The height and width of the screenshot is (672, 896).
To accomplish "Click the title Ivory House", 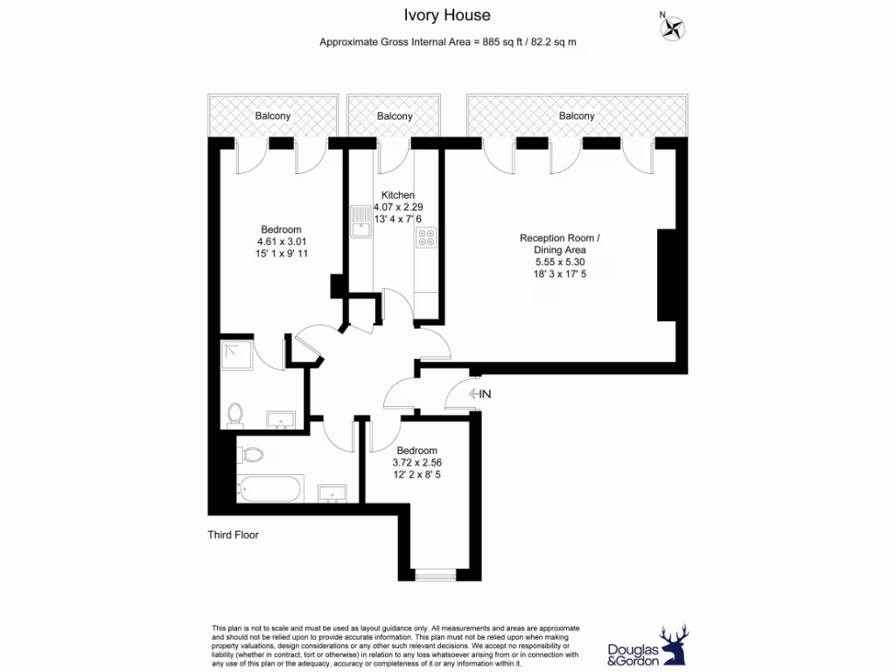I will click(447, 15).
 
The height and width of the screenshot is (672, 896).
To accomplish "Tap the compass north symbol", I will click(673, 29).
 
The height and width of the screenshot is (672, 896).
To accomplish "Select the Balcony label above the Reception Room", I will click(577, 115).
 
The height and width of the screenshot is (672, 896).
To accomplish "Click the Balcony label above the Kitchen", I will click(395, 116).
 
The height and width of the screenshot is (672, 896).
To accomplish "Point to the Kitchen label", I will click(397, 195).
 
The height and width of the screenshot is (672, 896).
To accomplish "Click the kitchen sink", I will click(360, 221).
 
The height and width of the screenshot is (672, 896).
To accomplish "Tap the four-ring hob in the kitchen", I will click(427, 237).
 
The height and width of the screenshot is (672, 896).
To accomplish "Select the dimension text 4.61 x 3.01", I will click(281, 241).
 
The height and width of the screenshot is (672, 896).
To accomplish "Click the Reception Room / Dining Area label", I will click(560, 243).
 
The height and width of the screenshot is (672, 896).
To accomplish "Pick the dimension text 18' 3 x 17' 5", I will click(560, 273).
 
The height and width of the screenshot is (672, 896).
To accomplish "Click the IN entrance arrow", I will click(480, 394).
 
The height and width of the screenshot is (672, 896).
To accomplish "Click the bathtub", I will click(270, 488).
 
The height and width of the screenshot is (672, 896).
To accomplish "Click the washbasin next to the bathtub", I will click(332, 493).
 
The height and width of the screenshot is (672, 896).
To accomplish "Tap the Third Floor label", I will click(233, 535).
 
